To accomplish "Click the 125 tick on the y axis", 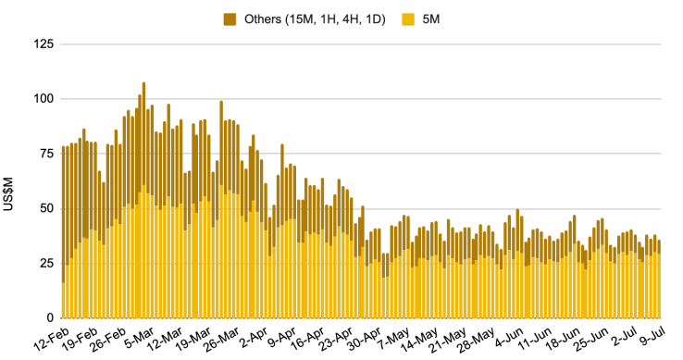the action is (43, 44).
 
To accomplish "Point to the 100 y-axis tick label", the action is (43, 99).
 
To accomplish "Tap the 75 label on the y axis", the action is (46, 154).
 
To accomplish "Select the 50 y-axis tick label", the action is (46, 208).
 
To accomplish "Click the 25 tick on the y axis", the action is (46, 263).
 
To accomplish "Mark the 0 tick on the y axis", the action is (50, 317).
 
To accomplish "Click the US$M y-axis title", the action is (7, 194).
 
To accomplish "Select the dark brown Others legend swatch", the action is (230, 19).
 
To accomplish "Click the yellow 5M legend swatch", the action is (408, 19).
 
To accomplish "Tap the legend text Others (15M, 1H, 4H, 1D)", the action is (315, 19).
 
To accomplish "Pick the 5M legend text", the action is (430, 19).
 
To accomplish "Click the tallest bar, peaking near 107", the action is (144, 200).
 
